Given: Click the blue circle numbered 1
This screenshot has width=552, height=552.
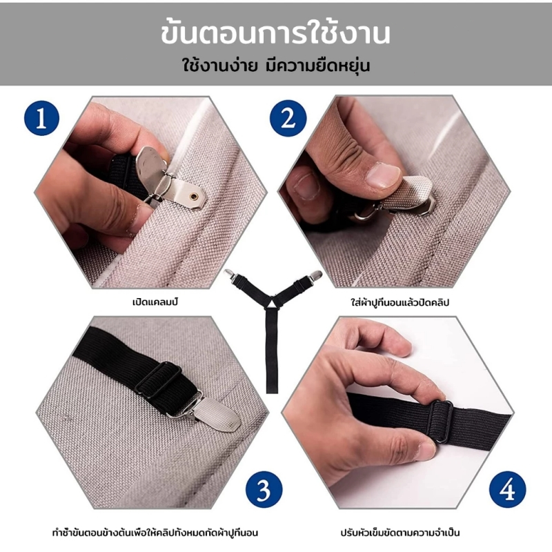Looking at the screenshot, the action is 41,118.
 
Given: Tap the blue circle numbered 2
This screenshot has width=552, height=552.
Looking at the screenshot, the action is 288,118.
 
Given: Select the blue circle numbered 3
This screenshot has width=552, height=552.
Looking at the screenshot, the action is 264,489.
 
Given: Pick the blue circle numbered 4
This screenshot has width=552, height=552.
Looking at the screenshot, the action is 508,489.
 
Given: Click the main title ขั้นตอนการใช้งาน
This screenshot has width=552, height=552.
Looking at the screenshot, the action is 275,33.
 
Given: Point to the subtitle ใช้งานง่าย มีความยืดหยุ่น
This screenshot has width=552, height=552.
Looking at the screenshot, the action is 275,66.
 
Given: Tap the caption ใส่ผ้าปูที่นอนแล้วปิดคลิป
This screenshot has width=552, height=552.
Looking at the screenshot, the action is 400,302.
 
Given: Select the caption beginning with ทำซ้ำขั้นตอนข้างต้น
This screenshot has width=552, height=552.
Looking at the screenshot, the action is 155,533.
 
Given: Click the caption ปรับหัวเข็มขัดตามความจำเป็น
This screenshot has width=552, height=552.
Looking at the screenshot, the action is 400,533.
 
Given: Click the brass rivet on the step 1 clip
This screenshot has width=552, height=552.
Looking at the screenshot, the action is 193,196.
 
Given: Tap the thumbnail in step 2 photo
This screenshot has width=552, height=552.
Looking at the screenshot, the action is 382,176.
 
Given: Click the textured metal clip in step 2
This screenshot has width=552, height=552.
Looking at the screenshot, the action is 408,195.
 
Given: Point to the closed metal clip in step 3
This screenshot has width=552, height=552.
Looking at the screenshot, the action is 215,413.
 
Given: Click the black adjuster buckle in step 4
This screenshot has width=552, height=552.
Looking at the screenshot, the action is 441,421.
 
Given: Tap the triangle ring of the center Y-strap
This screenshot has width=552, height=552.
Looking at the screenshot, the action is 273,302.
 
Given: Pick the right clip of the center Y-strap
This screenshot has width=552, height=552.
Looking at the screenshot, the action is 316,275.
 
